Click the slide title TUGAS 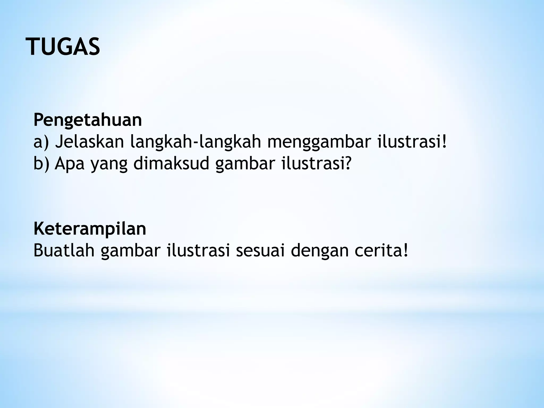pyautogui.click(x=63, y=47)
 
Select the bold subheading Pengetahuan pyautogui.click(x=88, y=120)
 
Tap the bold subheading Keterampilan pyautogui.click(x=90, y=229)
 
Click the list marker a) pyautogui.click(x=41, y=142)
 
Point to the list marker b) pyautogui.click(x=41, y=164)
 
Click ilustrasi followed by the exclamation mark pyautogui.click(x=412, y=142)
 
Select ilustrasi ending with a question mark pyautogui.click(x=316, y=164)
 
